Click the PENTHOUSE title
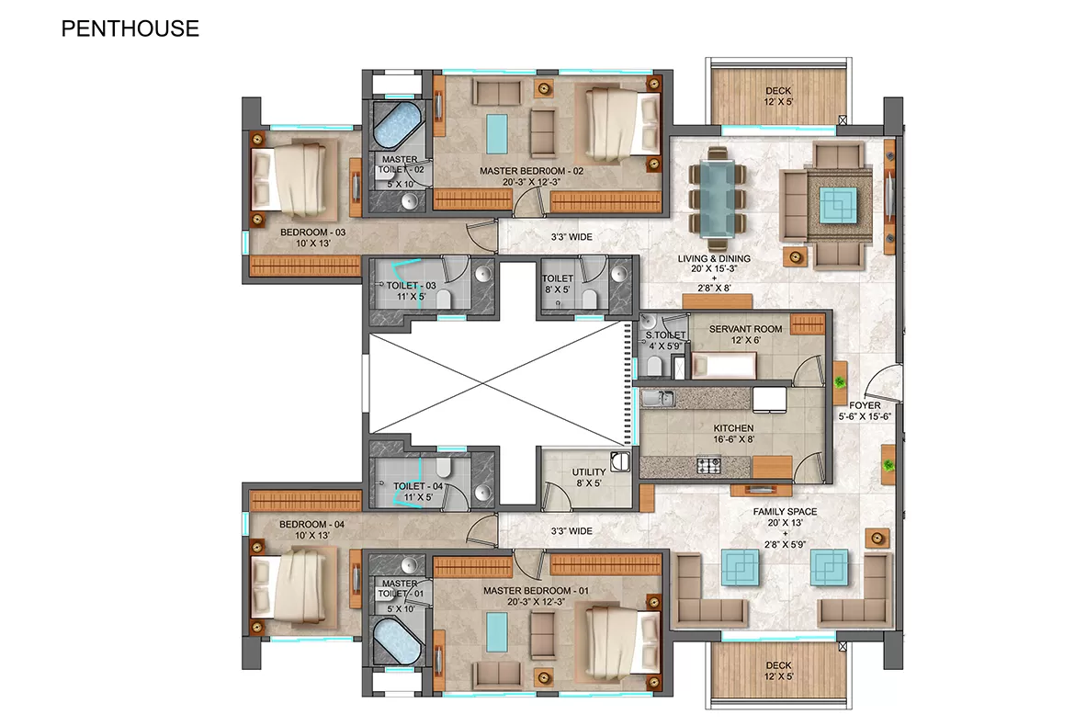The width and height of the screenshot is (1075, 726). pyautogui.click(x=130, y=28)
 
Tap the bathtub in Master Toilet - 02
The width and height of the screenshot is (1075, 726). pyautogui.click(x=397, y=126)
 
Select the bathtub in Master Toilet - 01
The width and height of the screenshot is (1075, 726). pyautogui.click(x=397, y=641)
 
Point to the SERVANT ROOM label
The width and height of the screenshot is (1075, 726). pyautogui.click(x=745, y=329)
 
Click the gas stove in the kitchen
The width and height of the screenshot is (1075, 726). pyautogui.click(x=709, y=466)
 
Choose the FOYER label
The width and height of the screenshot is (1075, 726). pyautogui.click(x=865, y=405)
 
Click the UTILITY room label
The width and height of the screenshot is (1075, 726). pyautogui.click(x=589, y=471)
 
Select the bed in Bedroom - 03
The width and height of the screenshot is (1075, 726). pyautogui.click(x=295, y=178)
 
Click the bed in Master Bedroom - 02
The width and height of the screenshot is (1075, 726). pyautogui.click(x=623, y=123)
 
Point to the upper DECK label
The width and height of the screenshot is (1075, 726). pyautogui.click(x=778, y=90)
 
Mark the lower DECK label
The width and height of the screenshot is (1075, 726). pyautogui.click(x=778, y=665)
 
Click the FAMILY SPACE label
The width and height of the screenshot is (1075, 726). pyautogui.click(x=785, y=512)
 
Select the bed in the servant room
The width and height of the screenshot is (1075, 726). pyautogui.click(x=724, y=366)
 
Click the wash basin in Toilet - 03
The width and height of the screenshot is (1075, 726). pyautogui.click(x=483, y=274)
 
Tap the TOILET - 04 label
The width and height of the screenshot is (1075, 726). pyautogui.click(x=417, y=486)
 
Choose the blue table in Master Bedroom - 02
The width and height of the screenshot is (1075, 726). pyautogui.click(x=497, y=133)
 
